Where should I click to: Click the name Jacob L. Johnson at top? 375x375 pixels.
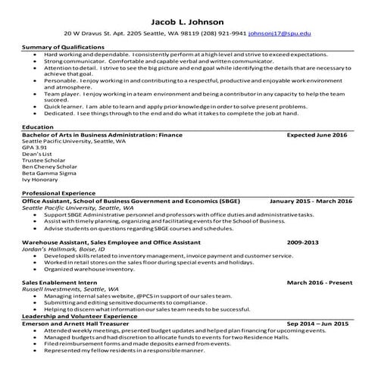[x=187, y=20]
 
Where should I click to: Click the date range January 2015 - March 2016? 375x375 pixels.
[x=311, y=201]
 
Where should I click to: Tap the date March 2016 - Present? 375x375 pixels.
[x=320, y=282]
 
